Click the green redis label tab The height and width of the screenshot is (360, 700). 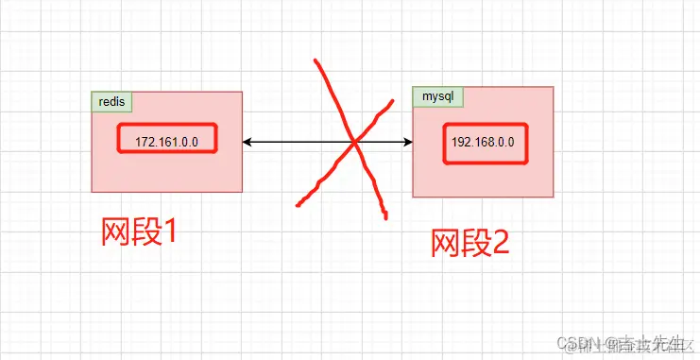111,101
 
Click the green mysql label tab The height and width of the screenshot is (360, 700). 436,95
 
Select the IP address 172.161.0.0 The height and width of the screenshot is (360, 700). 166,142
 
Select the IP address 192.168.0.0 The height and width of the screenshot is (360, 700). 484,143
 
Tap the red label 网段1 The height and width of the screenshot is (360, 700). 139,231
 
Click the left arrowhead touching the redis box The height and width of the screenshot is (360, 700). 247,143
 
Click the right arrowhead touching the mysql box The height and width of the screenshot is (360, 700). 408,143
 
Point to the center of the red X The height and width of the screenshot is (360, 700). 354,143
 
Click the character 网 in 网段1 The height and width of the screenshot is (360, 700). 115,231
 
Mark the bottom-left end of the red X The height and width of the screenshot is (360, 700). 299,203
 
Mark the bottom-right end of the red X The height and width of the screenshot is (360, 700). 385,218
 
